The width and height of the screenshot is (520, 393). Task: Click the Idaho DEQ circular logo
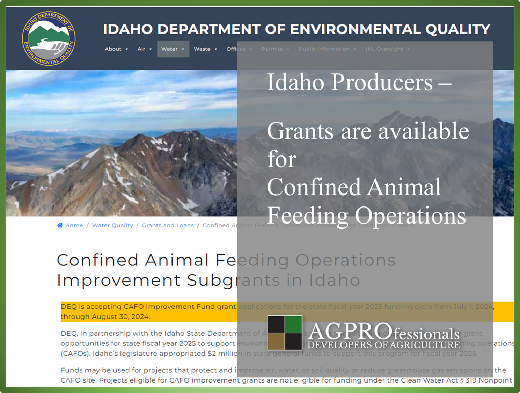49,38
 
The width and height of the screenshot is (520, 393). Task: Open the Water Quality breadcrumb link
112,225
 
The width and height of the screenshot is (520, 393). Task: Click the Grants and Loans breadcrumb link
168,225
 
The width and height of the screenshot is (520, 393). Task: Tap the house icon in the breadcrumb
60,225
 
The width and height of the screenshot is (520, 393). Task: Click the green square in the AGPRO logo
293,324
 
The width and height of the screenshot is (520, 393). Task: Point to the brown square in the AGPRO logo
276,341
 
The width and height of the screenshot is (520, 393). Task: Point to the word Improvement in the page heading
119,280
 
